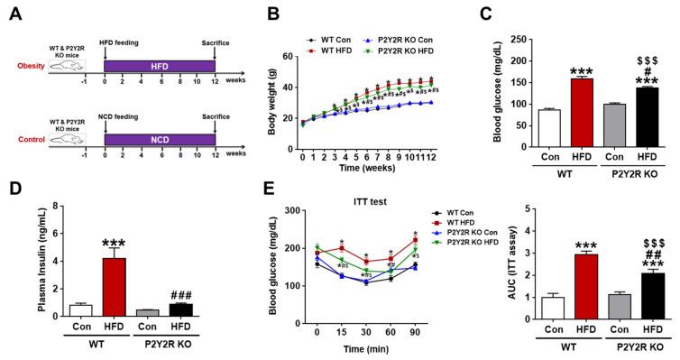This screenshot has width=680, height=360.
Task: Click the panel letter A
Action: pyautogui.click(x=12, y=12)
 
